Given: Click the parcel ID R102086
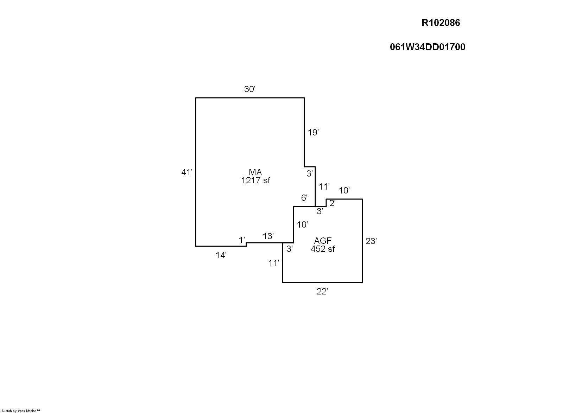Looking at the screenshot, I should (x=441, y=23).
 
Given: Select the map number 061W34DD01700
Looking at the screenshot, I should (x=427, y=47).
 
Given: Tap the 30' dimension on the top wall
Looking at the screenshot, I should (x=249, y=89).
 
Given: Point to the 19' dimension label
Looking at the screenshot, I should (x=313, y=133).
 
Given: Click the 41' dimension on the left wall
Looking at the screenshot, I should (x=186, y=172).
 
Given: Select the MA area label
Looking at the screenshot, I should (x=255, y=172).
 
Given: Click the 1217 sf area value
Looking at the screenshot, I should (x=255, y=180).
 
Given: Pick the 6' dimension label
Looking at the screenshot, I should (x=304, y=198).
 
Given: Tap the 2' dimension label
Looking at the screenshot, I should (x=332, y=203).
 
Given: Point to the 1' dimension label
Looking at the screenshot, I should (x=242, y=240).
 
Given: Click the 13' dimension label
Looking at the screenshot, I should (x=268, y=236).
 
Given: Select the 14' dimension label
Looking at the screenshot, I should (x=221, y=255).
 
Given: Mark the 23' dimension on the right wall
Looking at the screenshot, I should (x=371, y=241).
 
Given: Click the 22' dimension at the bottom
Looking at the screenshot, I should (x=322, y=292).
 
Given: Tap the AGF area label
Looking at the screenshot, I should (x=323, y=241).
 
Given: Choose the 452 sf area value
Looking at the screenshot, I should (x=323, y=249).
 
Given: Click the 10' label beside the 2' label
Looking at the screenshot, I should (x=344, y=191).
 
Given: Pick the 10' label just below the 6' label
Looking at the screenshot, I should (x=302, y=224).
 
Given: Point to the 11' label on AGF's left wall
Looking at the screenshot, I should (x=274, y=263).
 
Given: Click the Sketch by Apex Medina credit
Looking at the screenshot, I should (x=21, y=411).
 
